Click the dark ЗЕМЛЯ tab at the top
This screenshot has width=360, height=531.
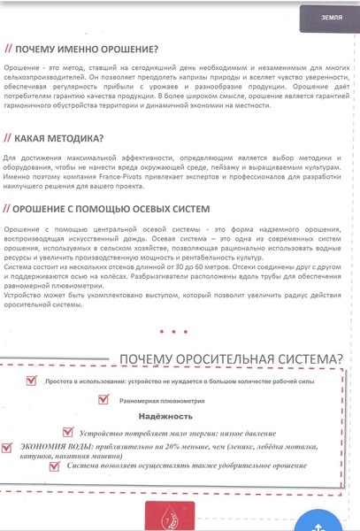tap(332, 17)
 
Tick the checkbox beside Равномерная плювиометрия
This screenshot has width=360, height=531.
tap(104, 399)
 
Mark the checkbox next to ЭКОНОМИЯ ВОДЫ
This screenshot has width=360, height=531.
tap(9, 448)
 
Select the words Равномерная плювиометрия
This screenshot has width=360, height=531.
tap(162, 400)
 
